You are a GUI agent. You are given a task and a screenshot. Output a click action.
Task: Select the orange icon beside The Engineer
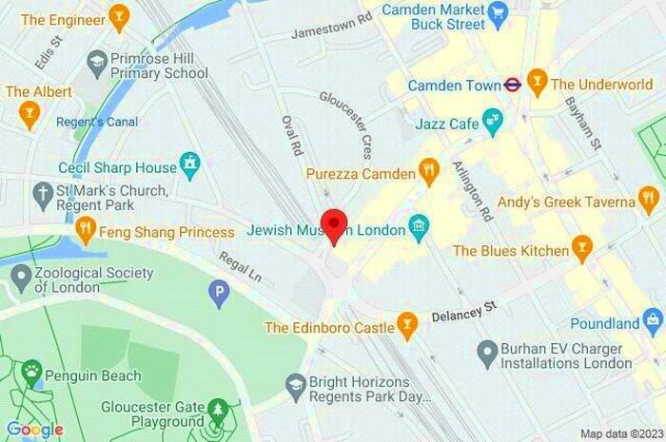118,17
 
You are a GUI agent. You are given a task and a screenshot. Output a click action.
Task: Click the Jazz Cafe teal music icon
492,121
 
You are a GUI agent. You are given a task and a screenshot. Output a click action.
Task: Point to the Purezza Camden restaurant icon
429,173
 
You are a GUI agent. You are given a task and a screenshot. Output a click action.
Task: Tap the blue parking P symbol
221,294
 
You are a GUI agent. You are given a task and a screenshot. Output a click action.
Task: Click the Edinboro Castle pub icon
408,326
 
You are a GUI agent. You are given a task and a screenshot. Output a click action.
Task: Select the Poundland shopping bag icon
654,323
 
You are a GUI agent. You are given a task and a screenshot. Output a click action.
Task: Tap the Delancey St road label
465,310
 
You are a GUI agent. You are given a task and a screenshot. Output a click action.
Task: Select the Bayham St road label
583,123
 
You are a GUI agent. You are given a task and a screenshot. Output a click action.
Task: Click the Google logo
34,429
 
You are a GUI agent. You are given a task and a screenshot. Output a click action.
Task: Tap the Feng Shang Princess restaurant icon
86,230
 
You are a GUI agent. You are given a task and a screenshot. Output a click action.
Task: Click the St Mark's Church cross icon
41,196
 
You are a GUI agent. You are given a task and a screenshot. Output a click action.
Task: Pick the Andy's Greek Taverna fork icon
649,201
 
